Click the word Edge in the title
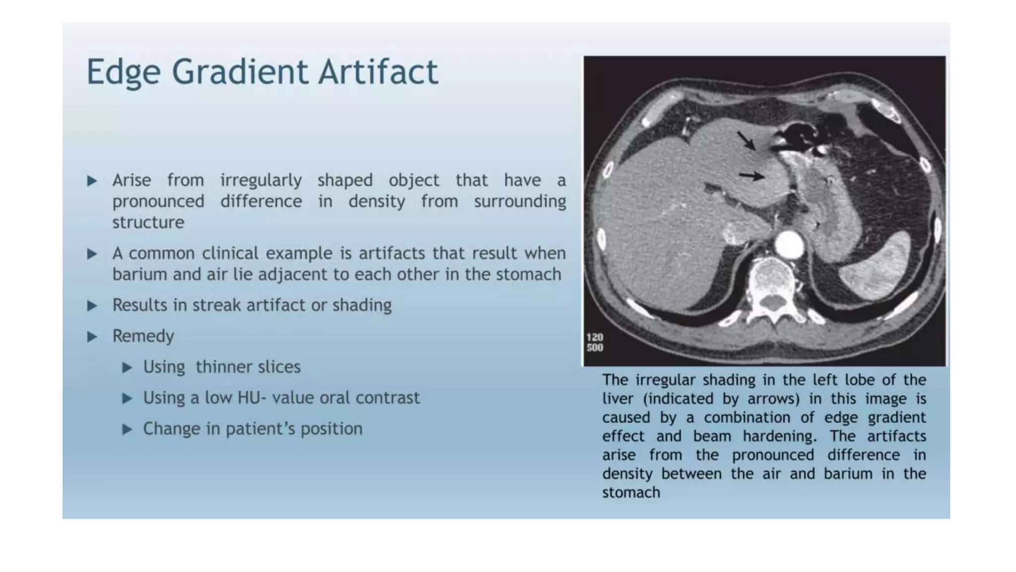point(123,72)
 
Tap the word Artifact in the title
point(378,71)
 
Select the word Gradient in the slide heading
point(240,72)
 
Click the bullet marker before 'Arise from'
point(92,181)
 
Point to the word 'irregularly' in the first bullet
point(261,180)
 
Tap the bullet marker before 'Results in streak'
point(92,305)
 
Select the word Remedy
point(143,336)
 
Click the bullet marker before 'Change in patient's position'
point(127,429)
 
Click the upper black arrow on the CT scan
point(746,140)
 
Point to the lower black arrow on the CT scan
point(751,175)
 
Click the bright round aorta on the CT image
point(789,244)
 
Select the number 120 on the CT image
point(594,338)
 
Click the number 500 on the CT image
point(594,348)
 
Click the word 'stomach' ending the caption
point(631,493)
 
